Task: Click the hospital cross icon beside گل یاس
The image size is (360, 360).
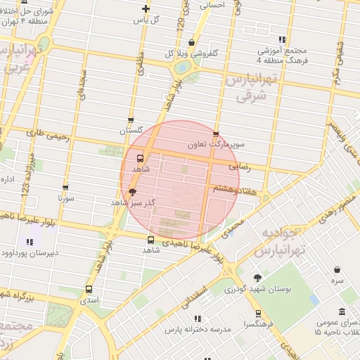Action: coord(146,9)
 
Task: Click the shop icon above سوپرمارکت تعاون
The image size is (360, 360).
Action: coord(215,134)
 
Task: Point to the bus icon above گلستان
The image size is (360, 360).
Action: coord(131,120)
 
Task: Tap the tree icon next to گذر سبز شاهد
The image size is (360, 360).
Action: coord(133,191)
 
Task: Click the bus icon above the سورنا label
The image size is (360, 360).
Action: coord(65,188)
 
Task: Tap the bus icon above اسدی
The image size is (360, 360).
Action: coord(89,289)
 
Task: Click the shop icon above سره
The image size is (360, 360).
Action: coord(338,270)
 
